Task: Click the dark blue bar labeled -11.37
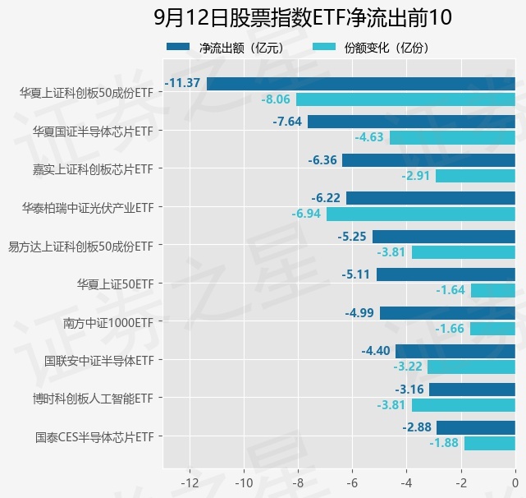[360, 84]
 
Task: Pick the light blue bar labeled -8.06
[405, 99]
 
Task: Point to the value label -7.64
[288, 122]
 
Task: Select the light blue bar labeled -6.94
[420, 214]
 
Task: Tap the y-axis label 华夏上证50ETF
[115, 284]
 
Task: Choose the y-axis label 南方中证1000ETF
[108, 322]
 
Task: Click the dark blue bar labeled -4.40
[455, 351]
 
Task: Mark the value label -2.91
[416, 176]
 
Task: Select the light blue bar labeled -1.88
[489, 443]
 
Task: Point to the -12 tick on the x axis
[190, 482]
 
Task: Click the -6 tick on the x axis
[352, 482]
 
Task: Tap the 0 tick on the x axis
[515, 482]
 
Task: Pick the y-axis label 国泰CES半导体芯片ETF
[94, 436]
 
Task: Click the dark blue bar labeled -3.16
[472, 390]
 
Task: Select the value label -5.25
[353, 237]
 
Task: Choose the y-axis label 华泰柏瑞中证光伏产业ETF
[88, 208]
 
